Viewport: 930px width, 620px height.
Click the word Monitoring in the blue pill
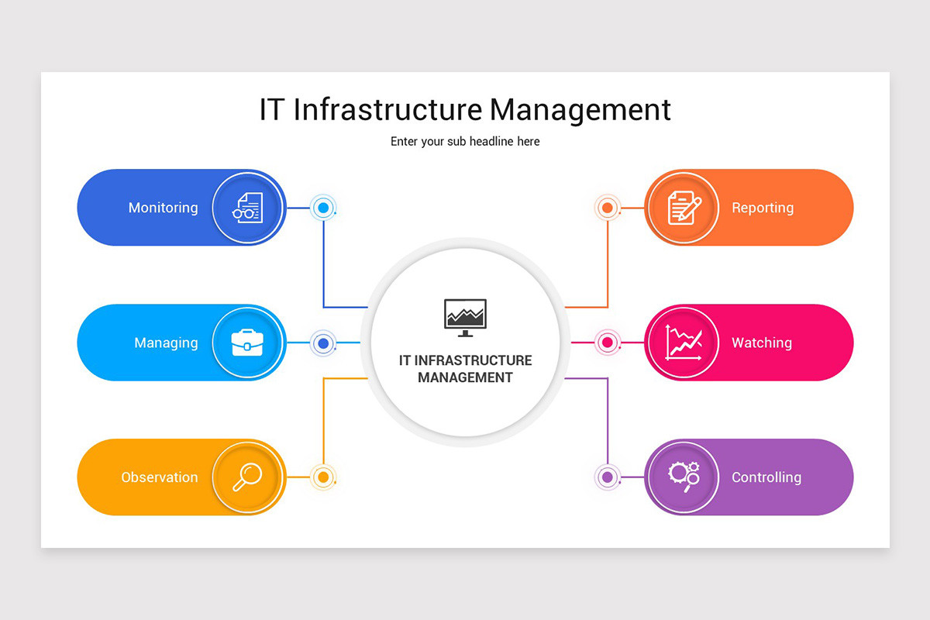[x=163, y=208]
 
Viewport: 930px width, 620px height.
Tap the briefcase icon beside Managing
[x=247, y=343]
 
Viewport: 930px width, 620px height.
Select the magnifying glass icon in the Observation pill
[x=247, y=477]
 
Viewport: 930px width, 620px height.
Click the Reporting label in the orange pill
[x=763, y=208]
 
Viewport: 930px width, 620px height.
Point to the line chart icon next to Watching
[x=683, y=343]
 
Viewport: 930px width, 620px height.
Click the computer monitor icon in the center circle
[x=465, y=317]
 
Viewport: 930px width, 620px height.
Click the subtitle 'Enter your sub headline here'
[x=465, y=142]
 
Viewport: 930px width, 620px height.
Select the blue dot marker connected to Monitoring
[x=324, y=208]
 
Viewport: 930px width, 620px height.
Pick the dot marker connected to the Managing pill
[x=324, y=343]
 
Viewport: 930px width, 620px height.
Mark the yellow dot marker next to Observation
[x=324, y=477]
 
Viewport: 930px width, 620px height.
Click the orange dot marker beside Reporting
[x=608, y=208]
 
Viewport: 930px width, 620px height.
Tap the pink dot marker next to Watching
[x=608, y=343]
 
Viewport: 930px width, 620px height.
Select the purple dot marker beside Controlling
[x=608, y=477]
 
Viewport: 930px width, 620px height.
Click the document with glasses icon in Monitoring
[x=247, y=208]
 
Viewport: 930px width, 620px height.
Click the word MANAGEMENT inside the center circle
[x=465, y=378]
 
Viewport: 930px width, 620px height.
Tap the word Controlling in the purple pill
[x=766, y=477]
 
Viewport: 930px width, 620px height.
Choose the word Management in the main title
[x=580, y=109]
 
